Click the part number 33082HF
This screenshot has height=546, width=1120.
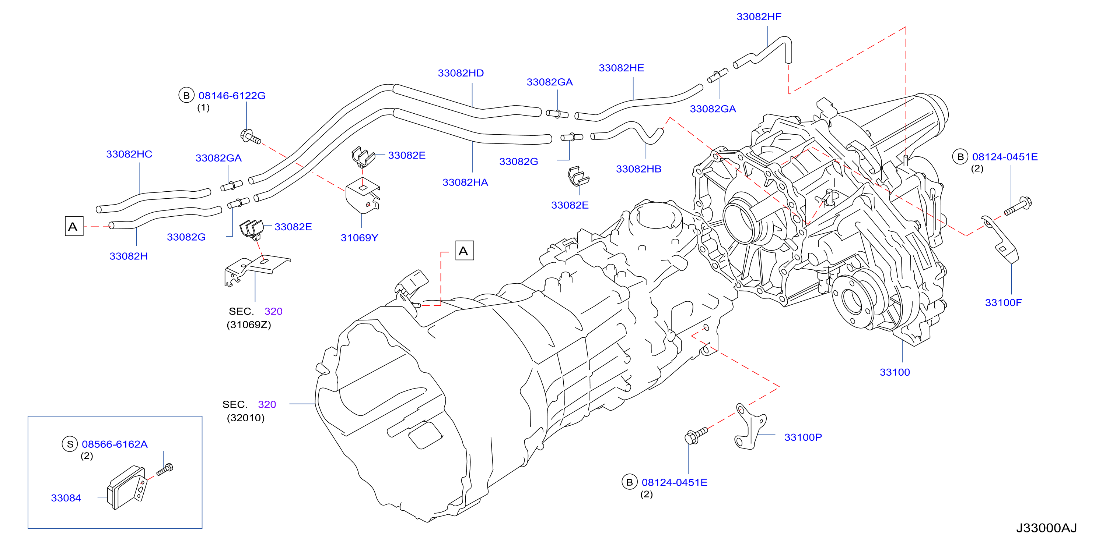point(758,17)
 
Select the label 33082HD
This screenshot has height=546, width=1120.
point(461,73)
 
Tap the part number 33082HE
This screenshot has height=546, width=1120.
point(621,68)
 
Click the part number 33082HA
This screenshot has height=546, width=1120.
point(465,182)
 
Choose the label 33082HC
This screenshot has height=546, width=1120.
point(129,154)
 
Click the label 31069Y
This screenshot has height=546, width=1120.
point(359,238)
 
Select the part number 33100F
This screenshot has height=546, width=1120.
point(1003,302)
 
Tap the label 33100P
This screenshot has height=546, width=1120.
point(803,437)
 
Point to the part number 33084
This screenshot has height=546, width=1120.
point(66,498)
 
